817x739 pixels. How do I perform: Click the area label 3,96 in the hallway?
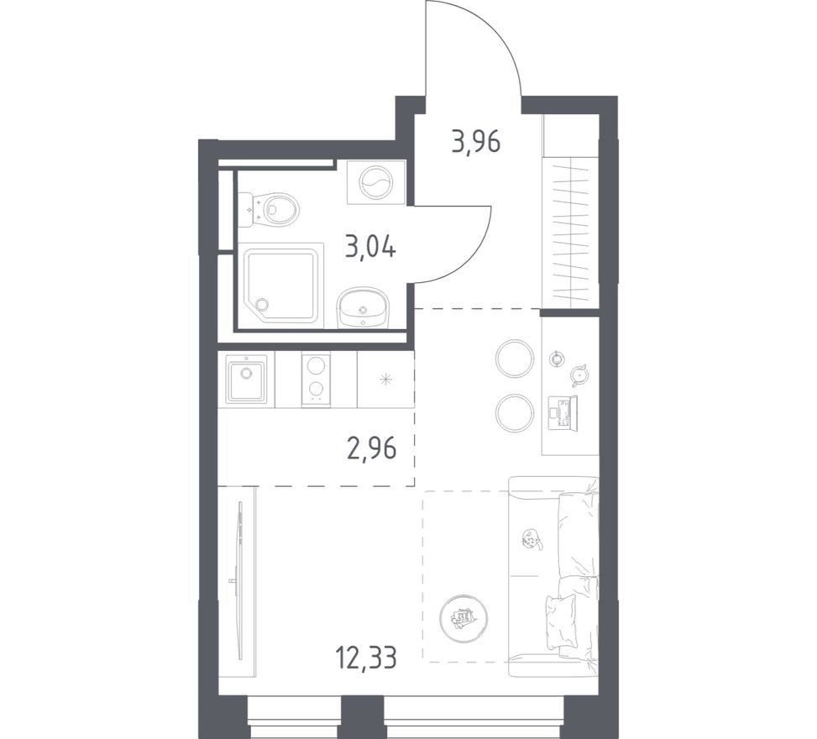click(476, 142)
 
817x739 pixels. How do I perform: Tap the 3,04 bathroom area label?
click(370, 247)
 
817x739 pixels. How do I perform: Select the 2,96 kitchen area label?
click(371, 448)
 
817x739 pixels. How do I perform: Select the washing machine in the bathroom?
click(376, 182)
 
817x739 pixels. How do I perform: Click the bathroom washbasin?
click(363, 309)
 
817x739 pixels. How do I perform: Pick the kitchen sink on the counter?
click(246, 379)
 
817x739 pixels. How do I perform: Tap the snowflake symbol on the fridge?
click(386, 380)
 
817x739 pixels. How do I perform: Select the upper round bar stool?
click(515, 358)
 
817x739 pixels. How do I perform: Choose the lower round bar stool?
click(515, 412)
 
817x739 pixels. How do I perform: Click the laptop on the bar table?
click(563, 414)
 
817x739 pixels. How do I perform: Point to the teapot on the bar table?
click(579, 375)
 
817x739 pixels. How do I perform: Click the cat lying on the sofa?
click(532, 539)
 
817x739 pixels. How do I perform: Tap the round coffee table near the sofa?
click(463, 619)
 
